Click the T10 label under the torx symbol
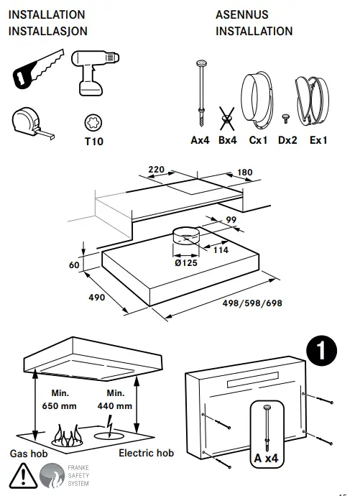click(93, 142)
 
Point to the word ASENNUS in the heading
click(242, 14)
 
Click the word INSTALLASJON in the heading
click(47, 32)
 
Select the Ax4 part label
click(200, 141)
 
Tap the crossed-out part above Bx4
click(228, 118)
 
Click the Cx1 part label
click(258, 141)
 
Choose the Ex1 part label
click(318, 141)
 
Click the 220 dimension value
click(156, 170)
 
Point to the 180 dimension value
click(245, 173)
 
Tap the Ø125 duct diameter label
click(187, 263)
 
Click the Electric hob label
click(146, 453)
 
